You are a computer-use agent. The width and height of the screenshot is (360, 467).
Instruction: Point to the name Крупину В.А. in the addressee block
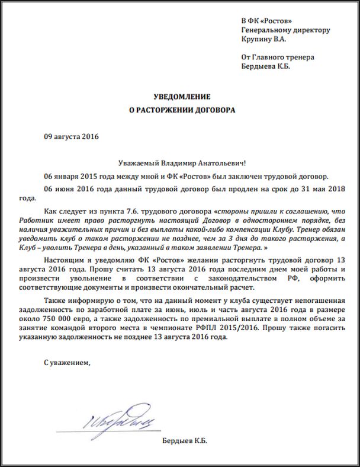point(263,40)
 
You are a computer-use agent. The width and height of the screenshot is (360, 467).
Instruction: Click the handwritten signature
point(112,420)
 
